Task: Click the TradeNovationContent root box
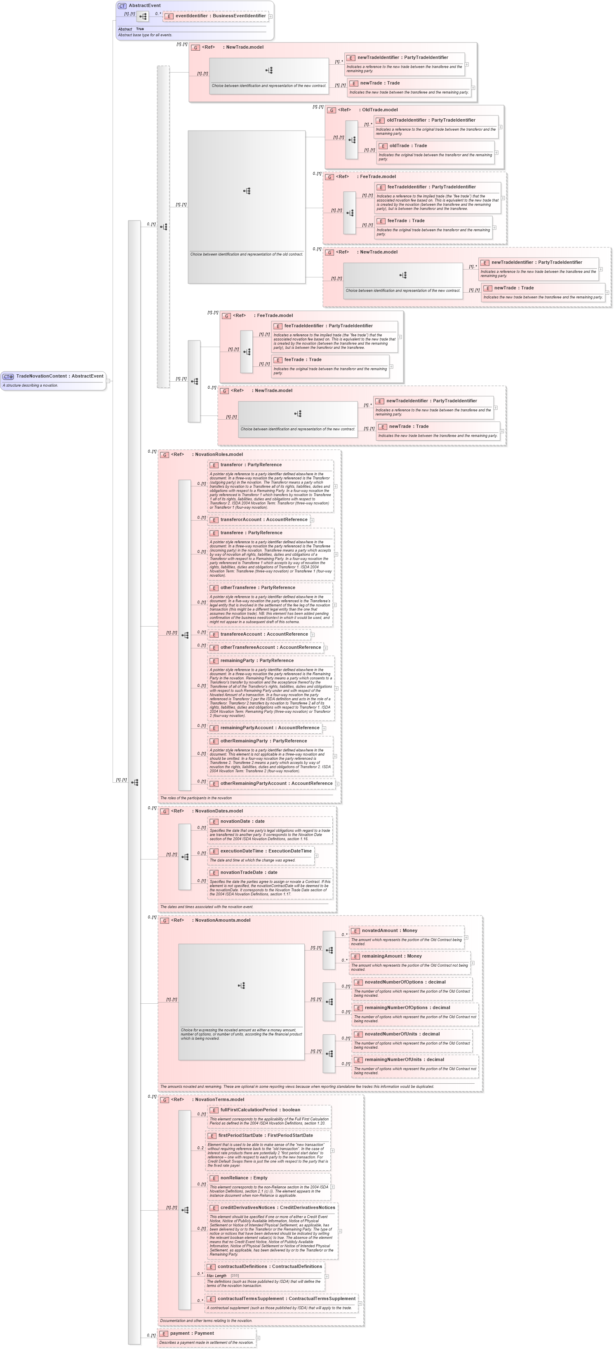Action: coord(54,376)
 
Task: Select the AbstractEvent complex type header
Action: coord(144,6)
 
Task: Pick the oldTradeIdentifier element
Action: coord(431,120)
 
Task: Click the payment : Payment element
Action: coord(192,1333)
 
